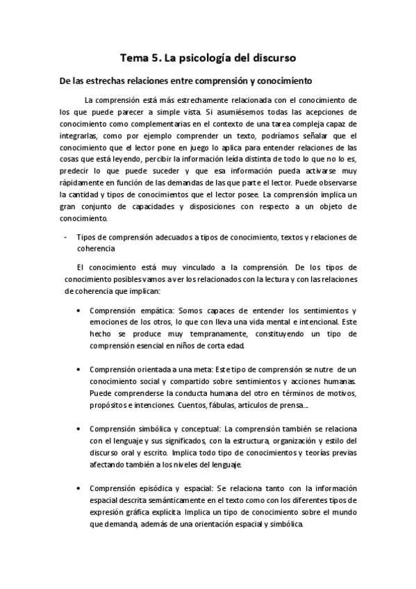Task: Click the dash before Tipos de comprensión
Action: pos(63,238)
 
